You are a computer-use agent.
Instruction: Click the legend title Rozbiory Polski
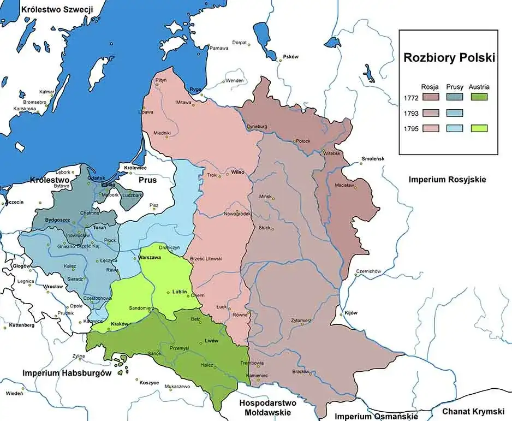point(449,58)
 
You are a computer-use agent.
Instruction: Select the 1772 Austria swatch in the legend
point(478,98)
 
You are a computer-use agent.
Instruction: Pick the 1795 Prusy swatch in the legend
point(454,128)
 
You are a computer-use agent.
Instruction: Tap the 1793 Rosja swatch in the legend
point(430,113)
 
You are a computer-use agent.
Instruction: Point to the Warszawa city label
point(149,257)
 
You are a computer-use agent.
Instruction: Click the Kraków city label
point(118,324)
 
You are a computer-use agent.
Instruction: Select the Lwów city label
point(211,341)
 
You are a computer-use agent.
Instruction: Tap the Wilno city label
point(237,172)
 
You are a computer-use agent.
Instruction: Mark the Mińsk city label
point(265,195)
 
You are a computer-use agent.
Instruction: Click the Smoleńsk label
point(373,159)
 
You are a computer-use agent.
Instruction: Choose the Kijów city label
point(350,313)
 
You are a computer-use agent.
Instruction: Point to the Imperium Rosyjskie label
point(446,179)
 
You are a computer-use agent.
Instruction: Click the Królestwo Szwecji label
point(57,9)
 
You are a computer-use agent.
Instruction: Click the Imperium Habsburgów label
point(67,373)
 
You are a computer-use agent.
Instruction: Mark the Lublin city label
point(180,292)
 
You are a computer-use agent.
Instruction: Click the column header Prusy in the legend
point(454,87)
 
